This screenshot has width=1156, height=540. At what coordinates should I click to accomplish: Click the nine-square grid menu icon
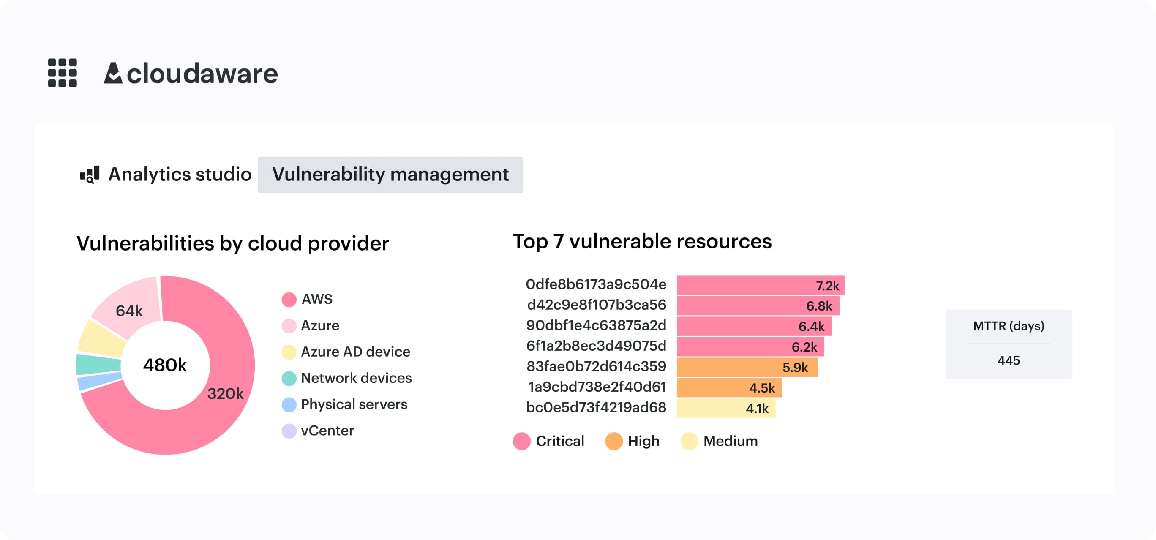63,73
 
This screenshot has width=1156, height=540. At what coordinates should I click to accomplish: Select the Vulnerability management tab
390,175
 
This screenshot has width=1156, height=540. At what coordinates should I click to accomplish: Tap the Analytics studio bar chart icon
90,175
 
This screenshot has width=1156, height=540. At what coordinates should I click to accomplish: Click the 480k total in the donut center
165,365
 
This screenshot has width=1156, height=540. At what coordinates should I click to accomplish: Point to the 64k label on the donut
129,311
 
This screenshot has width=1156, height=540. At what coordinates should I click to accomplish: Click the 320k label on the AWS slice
225,394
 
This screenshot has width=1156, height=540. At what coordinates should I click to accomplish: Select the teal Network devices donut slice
98,364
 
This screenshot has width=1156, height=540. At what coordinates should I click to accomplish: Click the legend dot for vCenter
289,431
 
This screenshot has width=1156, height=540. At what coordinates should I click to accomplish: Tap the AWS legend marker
289,300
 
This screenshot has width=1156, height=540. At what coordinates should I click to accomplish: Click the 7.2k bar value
827,286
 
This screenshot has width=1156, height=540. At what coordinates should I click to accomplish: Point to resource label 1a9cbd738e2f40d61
597,387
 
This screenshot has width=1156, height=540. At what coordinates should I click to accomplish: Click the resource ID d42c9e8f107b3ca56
597,305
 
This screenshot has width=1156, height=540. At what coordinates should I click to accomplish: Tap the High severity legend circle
613,441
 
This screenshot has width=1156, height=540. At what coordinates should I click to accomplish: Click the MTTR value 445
1008,360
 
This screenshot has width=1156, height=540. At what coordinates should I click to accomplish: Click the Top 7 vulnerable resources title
642,242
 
